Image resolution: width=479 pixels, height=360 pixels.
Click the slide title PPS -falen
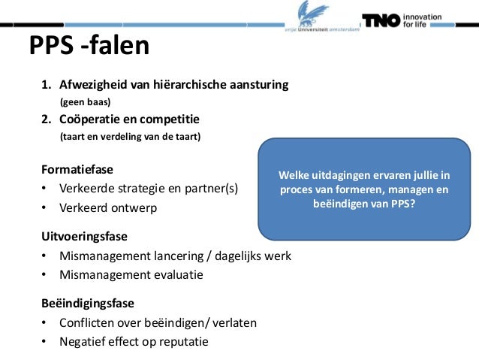(89, 47)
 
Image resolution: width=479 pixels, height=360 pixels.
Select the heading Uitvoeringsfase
(83, 237)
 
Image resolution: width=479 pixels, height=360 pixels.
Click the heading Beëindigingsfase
(88, 304)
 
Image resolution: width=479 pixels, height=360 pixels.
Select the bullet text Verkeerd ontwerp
(108, 207)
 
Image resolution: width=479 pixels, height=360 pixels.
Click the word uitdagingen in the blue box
(341, 176)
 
